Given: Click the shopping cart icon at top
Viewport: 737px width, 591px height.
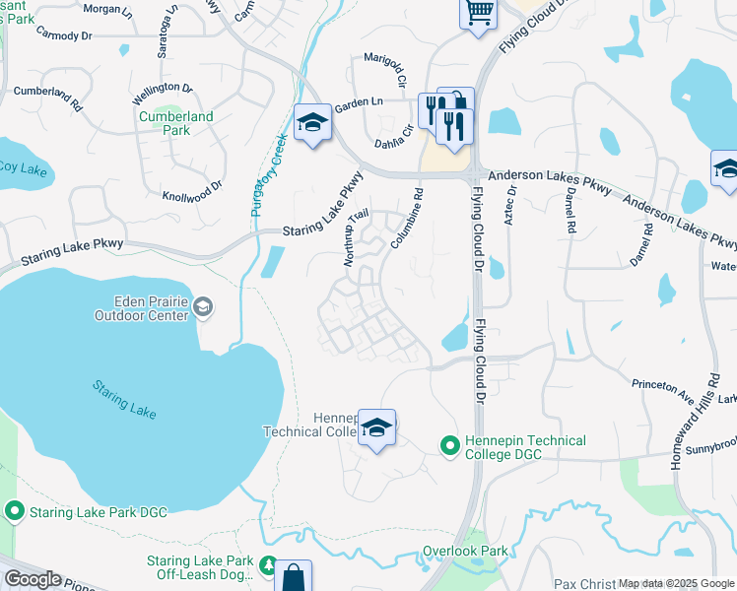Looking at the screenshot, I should tap(479, 13).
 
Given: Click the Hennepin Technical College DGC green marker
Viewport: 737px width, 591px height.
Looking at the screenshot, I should tap(450, 446).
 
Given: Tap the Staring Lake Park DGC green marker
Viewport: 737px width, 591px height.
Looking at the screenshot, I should tap(15, 510).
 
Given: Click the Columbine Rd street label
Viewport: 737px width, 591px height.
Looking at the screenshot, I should tap(408, 220).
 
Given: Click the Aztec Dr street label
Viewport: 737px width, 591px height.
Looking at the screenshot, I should tap(509, 205).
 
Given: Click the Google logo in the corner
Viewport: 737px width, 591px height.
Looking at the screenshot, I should tap(33, 579).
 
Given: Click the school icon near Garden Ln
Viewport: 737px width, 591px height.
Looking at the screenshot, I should tap(312, 123).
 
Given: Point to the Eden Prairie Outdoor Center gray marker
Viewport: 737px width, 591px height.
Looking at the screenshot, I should tap(203, 307).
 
